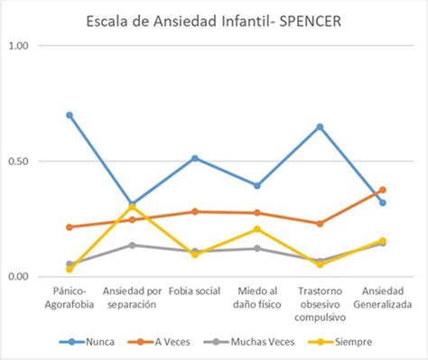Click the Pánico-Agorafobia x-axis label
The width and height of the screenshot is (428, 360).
tap(70, 299)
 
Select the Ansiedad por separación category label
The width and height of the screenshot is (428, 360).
tap(133, 299)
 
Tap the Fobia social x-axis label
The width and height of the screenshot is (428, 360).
tap(195, 292)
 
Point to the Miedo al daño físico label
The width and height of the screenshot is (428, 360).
tap(257, 299)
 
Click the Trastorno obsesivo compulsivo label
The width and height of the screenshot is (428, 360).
tap(321, 304)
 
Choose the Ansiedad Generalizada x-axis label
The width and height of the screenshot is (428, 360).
tap(383, 299)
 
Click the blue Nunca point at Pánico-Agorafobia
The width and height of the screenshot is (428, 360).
tap(70, 115)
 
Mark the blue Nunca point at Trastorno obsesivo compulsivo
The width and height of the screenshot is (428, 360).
tap(321, 126)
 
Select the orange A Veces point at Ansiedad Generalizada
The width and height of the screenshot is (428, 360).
tap(383, 190)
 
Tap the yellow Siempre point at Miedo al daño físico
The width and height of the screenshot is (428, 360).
tap(257, 229)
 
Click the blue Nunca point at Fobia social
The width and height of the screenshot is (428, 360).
tap(195, 158)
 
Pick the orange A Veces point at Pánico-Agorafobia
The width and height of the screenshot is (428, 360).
tap(70, 227)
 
